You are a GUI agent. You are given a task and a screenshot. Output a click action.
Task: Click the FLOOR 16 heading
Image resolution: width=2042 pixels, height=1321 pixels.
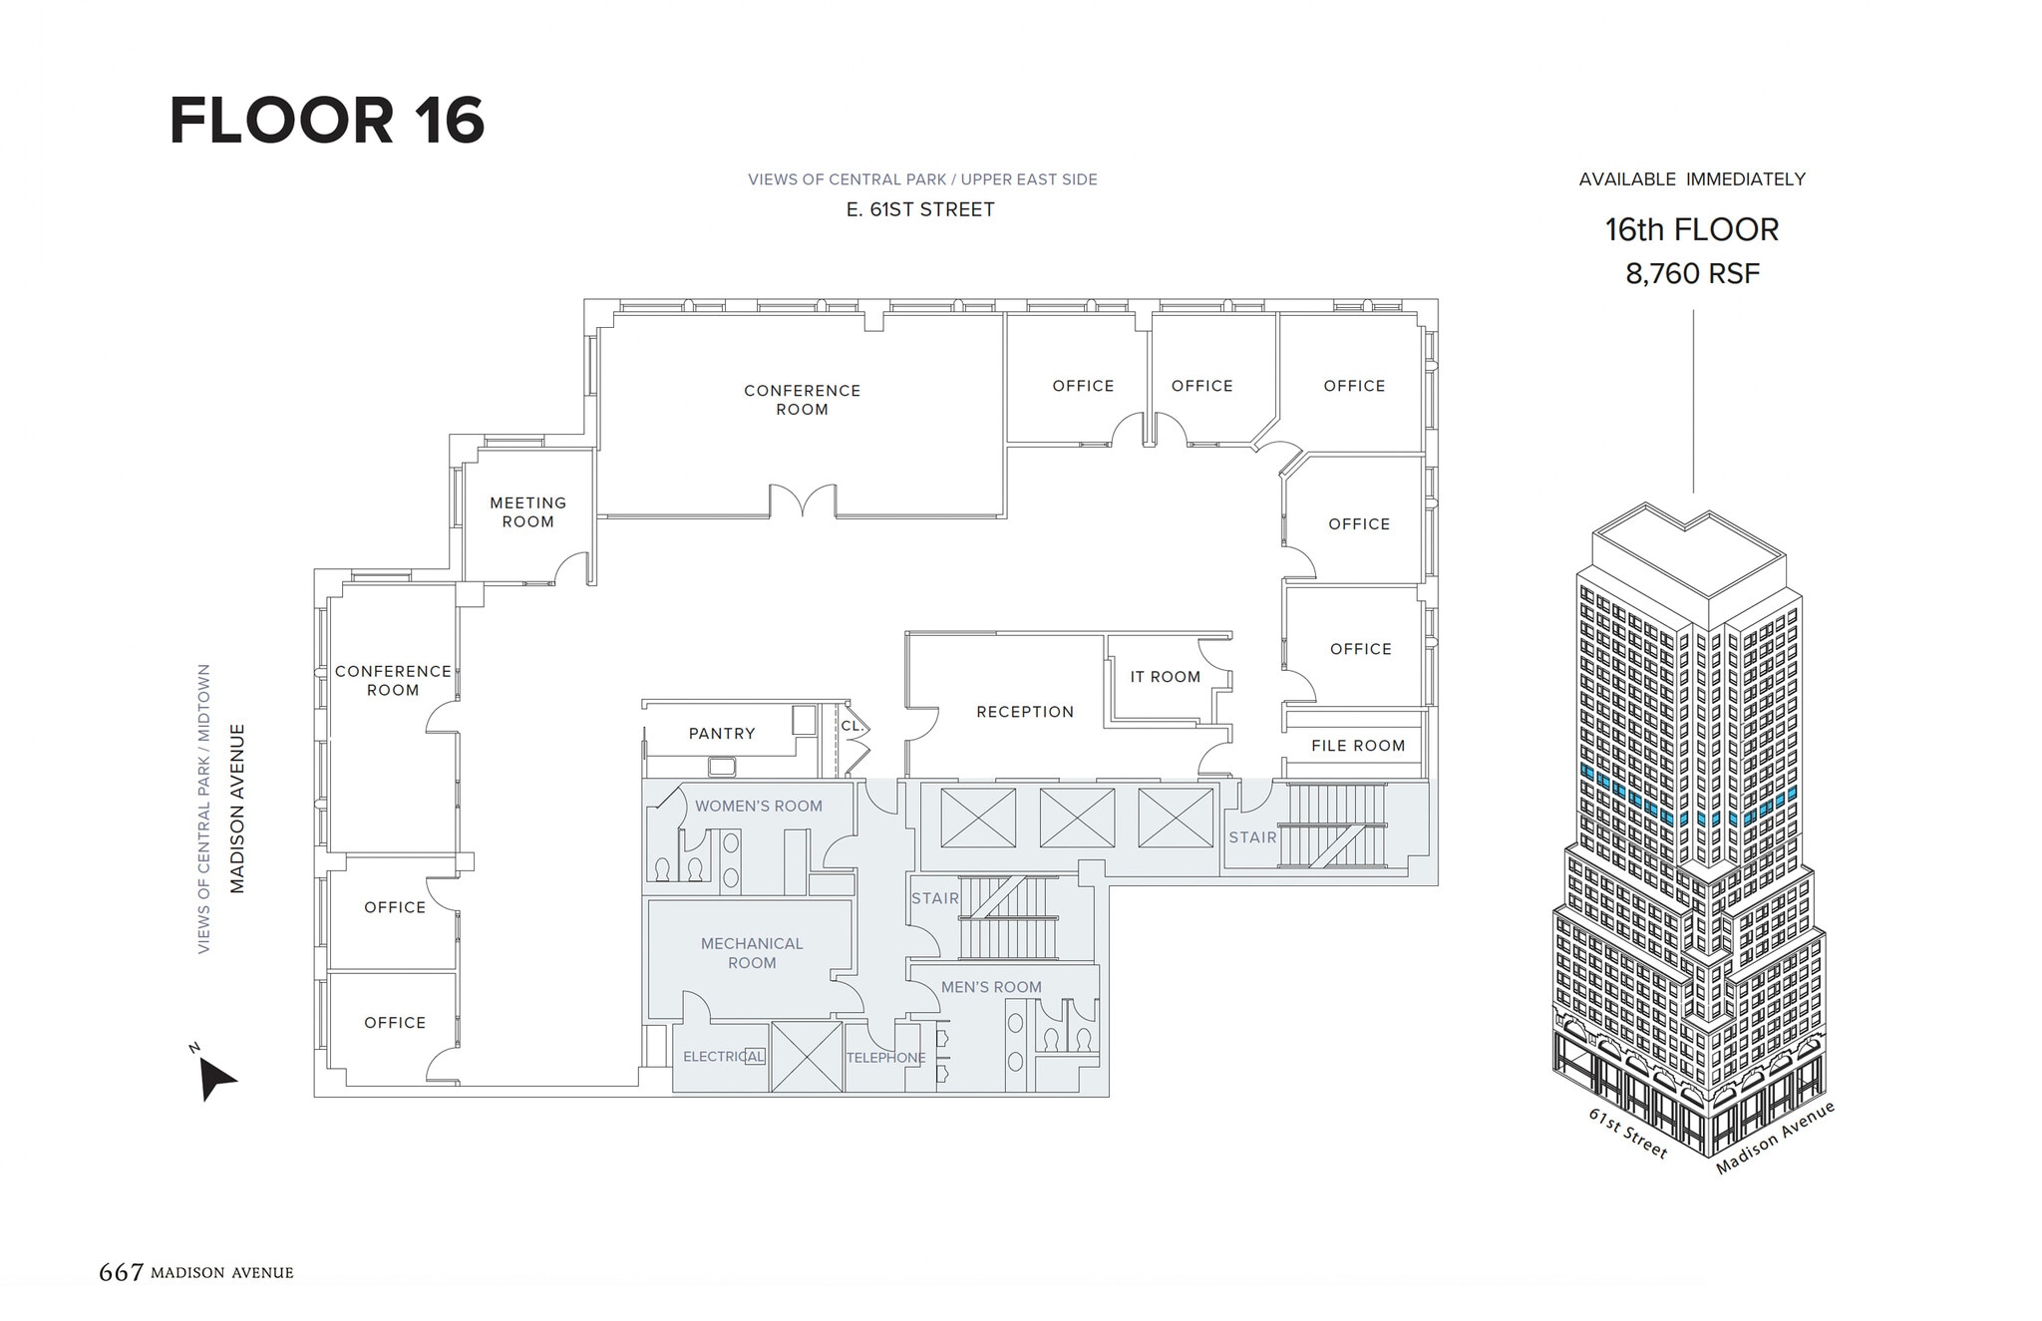[327, 122]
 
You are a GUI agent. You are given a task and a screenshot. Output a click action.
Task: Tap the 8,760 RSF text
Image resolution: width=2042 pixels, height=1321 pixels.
[1692, 274]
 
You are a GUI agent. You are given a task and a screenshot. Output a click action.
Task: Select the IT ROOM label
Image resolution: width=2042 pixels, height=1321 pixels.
[1165, 677]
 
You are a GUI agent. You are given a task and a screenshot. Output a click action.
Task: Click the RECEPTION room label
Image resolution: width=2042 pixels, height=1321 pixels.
[1025, 712]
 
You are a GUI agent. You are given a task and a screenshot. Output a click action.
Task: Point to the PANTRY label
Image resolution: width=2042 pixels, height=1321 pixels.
[722, 734]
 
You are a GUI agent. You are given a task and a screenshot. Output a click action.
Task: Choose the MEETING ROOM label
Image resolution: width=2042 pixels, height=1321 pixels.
[527, 512]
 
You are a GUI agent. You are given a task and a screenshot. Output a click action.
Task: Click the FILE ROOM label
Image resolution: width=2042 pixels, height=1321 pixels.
[1358, 746]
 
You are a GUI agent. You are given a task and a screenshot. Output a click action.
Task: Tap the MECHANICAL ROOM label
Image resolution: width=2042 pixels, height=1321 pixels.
[752, 953]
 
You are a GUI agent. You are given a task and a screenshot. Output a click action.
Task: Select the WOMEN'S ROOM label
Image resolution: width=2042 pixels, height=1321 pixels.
[759, 807]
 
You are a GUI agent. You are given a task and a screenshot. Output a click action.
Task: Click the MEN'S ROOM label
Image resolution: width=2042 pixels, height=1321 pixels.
[991, 987]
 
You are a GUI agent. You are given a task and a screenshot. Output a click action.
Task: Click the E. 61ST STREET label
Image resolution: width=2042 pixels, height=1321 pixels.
[920, 210]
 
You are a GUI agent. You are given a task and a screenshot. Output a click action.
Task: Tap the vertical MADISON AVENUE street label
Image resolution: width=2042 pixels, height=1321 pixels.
[237, 809]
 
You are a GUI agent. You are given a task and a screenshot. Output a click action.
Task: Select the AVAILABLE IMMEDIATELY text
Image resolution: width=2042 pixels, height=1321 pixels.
[1692, 179]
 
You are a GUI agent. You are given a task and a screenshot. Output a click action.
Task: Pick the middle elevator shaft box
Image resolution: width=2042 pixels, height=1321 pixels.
[1077, 818]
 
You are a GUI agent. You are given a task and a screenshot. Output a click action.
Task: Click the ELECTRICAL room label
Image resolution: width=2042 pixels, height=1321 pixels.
[724, 1057]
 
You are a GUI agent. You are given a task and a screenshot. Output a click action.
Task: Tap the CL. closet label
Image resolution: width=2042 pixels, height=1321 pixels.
[851, 726]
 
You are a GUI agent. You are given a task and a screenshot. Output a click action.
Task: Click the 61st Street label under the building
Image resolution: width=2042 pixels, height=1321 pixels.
[1627, 1134]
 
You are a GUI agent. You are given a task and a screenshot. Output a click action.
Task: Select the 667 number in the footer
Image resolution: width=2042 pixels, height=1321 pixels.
[121, 1272]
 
